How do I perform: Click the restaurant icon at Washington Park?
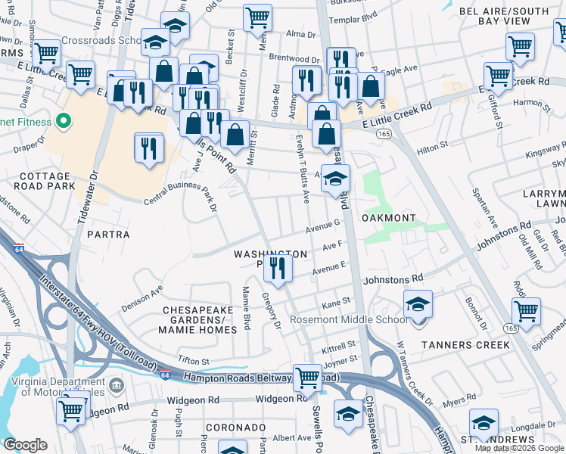[x=278, y=269]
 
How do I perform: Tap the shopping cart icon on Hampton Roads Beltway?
[x=307, y=376]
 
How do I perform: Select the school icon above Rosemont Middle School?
[x=418, y=304]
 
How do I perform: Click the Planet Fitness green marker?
[x=65, y=121]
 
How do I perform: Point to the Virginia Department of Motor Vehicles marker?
[x=116, y=386]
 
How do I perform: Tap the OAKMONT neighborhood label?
[x=388, y=218]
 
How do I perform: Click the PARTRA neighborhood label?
[x=103, y=235]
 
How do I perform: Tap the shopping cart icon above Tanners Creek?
[x=526, y=310]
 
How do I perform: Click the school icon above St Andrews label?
[x=484, y=423]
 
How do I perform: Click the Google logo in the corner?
[x=25, y=445]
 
